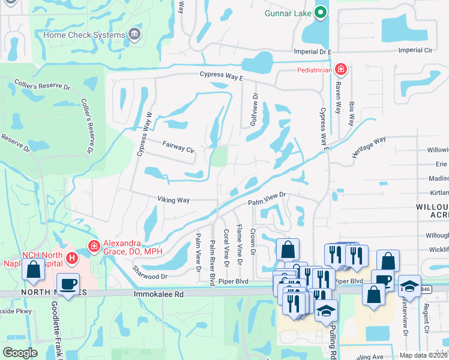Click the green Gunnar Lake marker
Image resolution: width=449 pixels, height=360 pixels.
(x=321, y=13)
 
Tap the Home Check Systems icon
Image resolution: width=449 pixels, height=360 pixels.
(x=133, y=34)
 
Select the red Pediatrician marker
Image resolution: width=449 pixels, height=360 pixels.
(x=340, y=70)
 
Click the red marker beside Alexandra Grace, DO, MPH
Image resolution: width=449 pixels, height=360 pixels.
(x=93, y=245)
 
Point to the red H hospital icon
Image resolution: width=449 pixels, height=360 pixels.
(x=72, y=259)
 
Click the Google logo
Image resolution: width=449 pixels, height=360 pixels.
(x=20, y=353)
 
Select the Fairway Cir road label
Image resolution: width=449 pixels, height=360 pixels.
(x=179, y=146)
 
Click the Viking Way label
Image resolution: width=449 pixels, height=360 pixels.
(x=173, y=199)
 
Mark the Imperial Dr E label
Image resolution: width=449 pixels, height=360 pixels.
(x=312, y=52)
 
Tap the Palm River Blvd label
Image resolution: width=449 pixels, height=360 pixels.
(x=212, y=262)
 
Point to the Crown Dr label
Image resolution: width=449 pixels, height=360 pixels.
(x=253, y=242)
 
